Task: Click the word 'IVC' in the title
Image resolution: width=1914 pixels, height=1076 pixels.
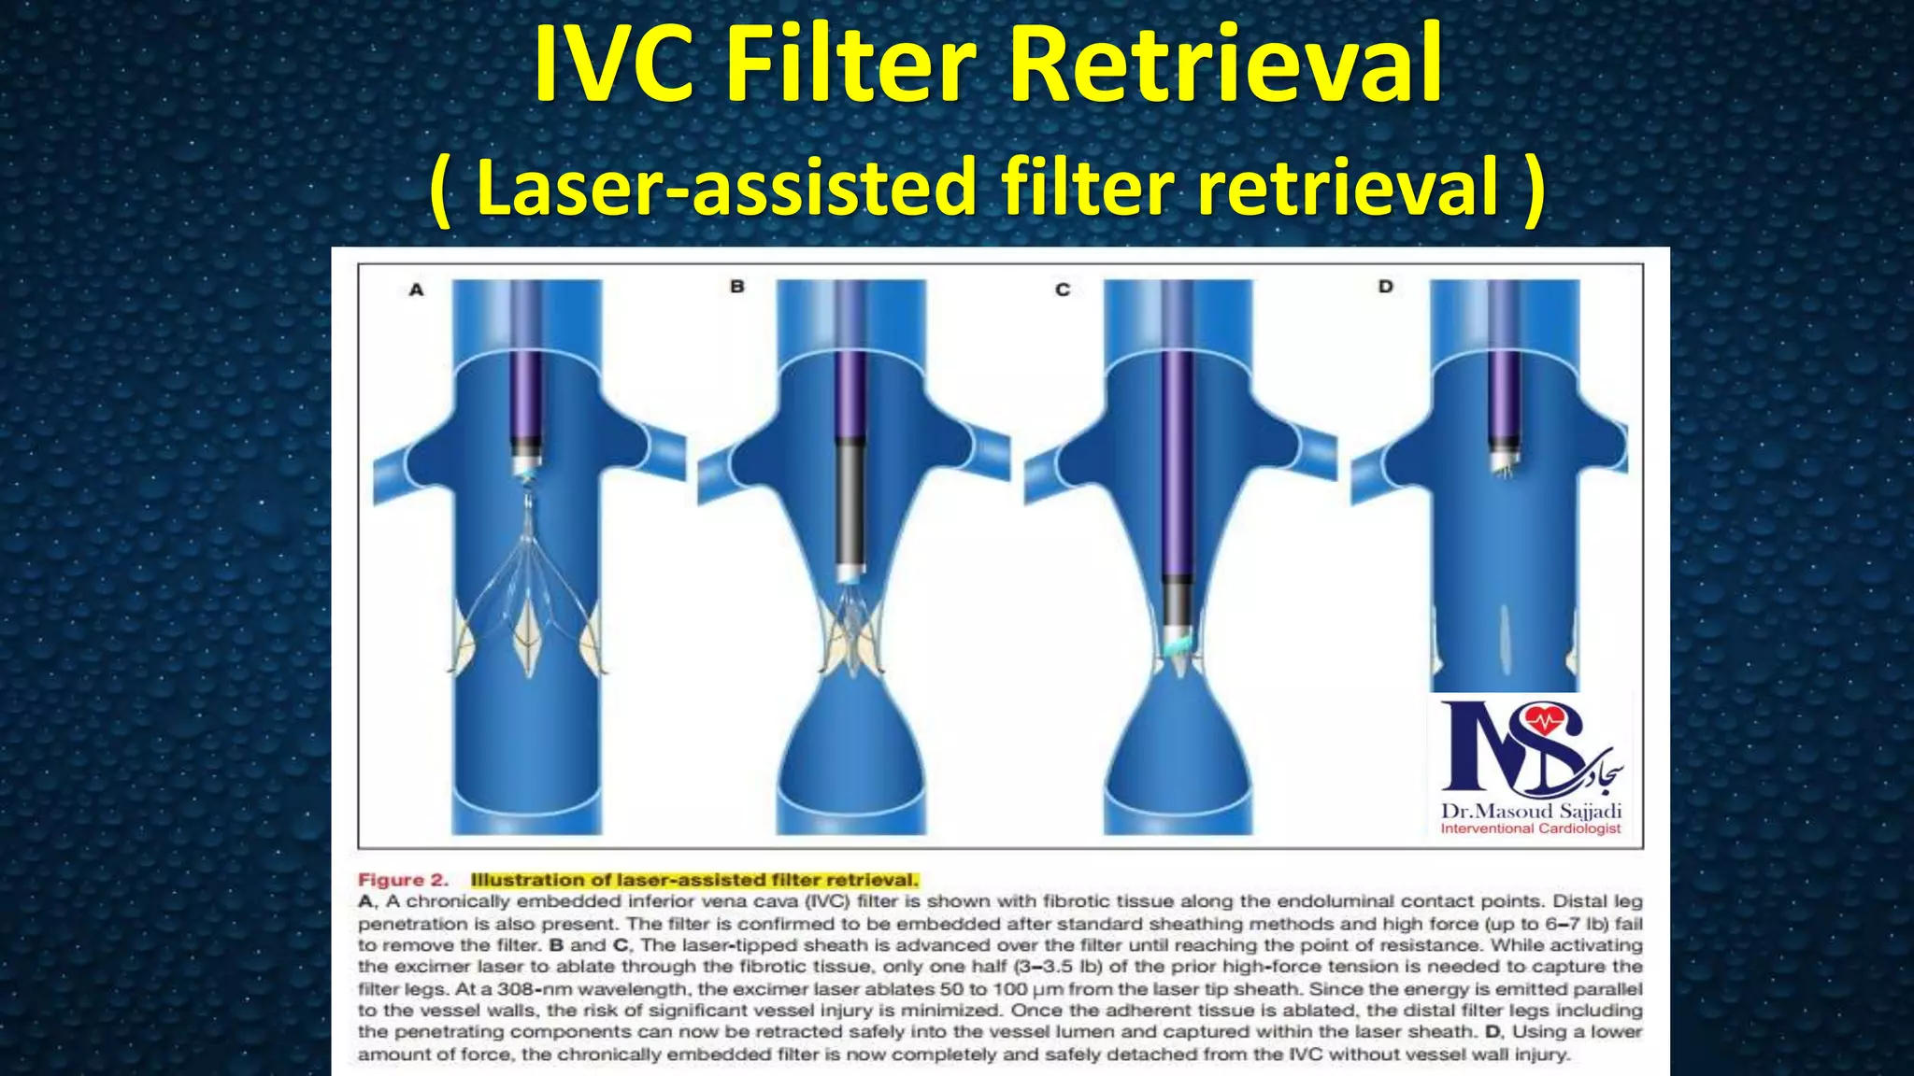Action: point(613,65)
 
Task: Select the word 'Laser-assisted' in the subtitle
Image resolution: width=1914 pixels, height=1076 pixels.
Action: point(725,187)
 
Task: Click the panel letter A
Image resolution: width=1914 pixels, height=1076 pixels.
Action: point(416,290)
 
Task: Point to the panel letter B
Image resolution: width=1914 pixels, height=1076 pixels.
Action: point(737,287)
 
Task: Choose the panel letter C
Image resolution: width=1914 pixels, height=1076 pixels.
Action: point(1063,290)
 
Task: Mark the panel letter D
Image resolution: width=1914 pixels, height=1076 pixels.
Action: point(1385,287)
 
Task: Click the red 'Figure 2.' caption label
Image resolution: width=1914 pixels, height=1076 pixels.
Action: point(403,880)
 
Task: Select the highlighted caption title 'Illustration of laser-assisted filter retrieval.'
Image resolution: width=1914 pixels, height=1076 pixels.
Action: point(694,880)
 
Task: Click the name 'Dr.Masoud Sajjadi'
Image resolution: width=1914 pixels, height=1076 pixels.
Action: point(1531,811)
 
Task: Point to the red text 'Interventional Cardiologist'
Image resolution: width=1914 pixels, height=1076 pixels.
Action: point(1531,828)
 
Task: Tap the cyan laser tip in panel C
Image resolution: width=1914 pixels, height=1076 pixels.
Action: point(1179,644)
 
